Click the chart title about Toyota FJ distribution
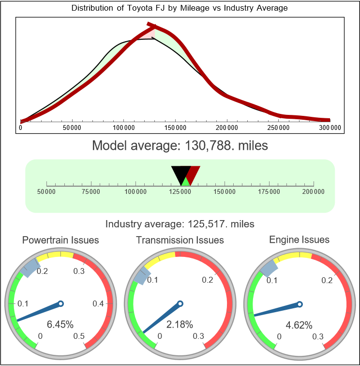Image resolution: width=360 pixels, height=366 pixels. tap(180, 8)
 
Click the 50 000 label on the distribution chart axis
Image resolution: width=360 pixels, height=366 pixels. tap(72, 128)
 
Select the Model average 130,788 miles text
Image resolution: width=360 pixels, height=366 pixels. tap(180, 145)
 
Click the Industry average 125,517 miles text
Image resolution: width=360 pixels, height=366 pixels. tap(180, 224)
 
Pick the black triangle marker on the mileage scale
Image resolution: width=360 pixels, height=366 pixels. tap(180, 173)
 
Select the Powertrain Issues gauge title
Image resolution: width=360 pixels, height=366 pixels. tap(60, 240)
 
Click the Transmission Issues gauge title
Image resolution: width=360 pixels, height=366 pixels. tap(180, 240)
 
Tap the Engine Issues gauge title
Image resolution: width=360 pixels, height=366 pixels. tap(299, 239)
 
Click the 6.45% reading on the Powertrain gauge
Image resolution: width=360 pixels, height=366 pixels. tap(60, 324)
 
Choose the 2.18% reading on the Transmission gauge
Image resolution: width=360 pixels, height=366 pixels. tap(180, 324)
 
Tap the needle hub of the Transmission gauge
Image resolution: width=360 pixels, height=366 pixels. tap(180, 304)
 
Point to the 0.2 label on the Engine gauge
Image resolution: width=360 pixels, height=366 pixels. tap(327, 280)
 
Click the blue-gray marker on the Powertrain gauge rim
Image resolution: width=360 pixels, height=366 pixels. tap(31, 267)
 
